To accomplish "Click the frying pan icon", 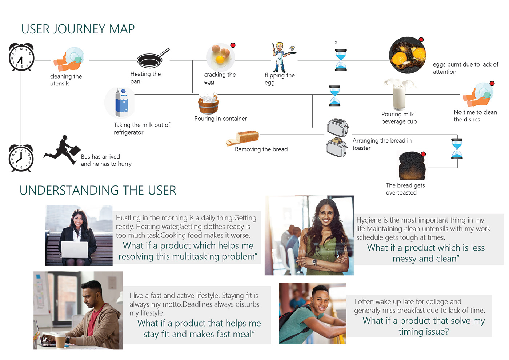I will (x=150, y=60).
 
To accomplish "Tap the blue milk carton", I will (x=121, y=103).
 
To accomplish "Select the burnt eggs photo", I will (x=407, y=55).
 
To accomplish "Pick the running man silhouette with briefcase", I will (x=62, y=150).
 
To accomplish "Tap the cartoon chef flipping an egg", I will (x=280, y=57).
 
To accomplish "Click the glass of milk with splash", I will (x=399, y=94).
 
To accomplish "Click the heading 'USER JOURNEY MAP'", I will (x=78, y=29).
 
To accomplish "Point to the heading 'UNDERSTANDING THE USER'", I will (x=98, y=190).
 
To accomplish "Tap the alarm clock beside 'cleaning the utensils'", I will (x=21, y=57).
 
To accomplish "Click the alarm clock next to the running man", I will (x=21, y=158).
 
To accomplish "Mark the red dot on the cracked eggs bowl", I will (x=233, y=45).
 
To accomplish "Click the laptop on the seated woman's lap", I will (x=75, y=250).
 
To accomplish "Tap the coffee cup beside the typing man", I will (x=60, y=341).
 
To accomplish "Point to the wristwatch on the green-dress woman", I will (x=314, y=261).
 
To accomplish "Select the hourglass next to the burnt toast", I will (x=457, y=149).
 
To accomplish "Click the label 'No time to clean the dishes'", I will (x=475, y=116).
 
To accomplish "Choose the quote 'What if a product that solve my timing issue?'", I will (x=424, y=326).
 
